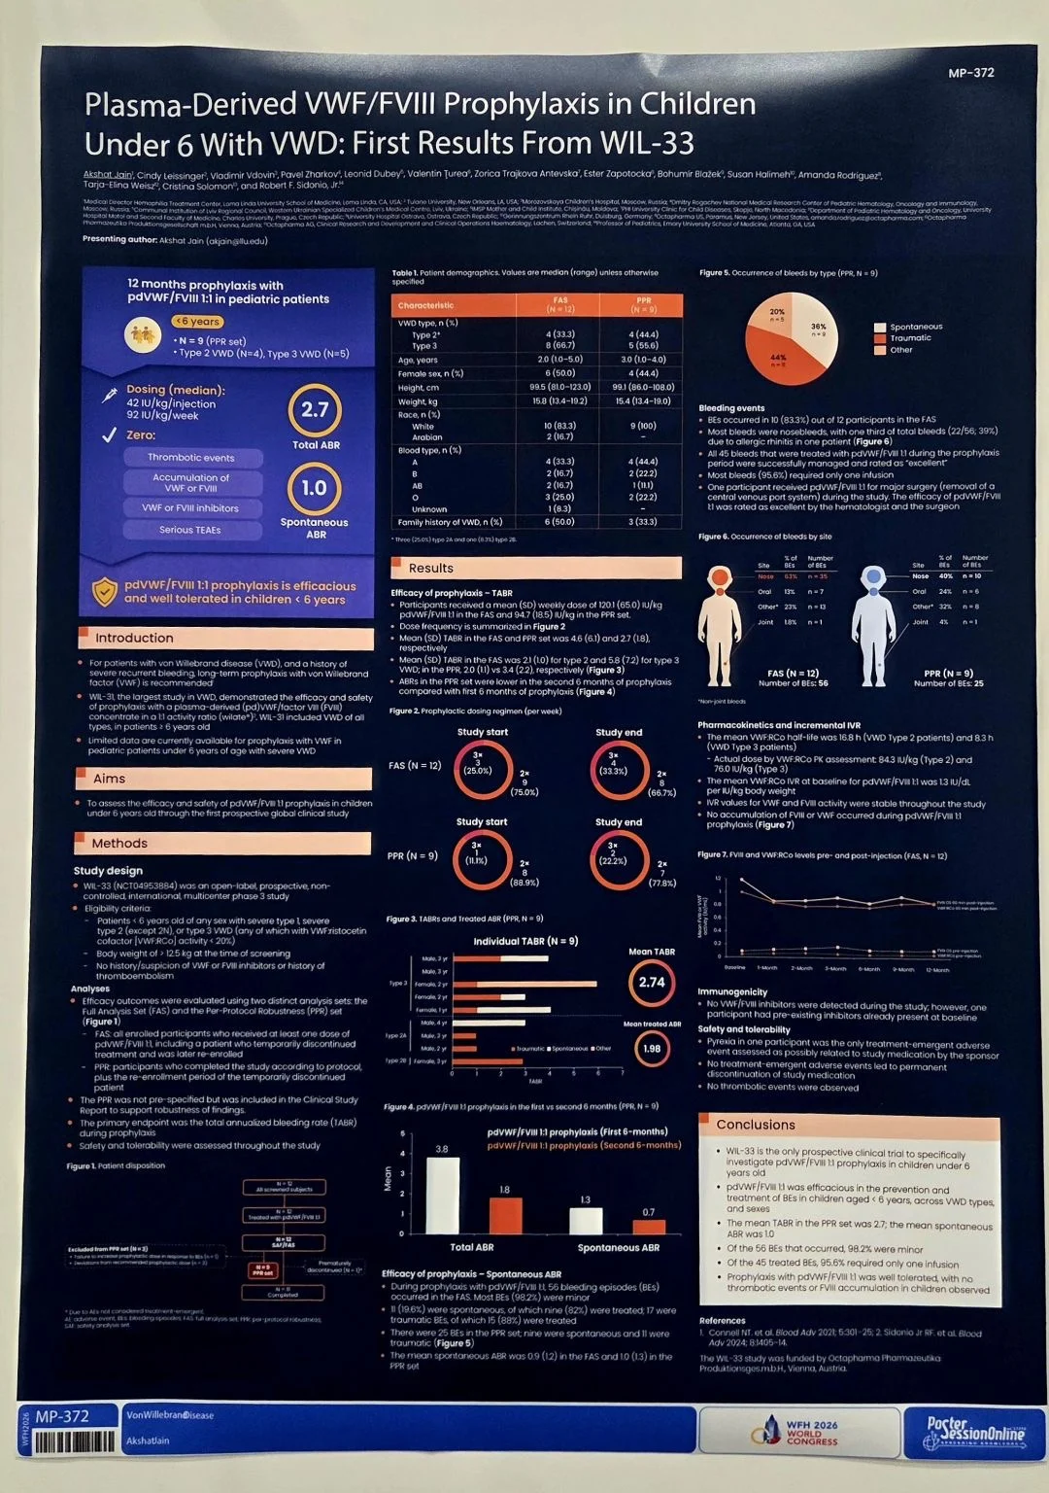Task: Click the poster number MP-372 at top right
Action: coord(970,73)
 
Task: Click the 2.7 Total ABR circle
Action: coord(315,410)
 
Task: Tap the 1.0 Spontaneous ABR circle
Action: coord(314,488)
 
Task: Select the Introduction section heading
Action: coord(134,638)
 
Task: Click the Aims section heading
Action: coord(110,779)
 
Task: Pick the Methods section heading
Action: coord(119,843)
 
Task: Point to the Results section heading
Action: coord(430,568)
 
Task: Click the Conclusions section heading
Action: coord(756,1125)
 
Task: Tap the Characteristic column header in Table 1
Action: coord(425,305)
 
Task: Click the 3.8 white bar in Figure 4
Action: coord(443,1196)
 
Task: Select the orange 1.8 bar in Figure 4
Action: coord(505,1215)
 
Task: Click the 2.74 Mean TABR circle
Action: coord(652,983)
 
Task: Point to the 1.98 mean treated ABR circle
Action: coord(652,1048)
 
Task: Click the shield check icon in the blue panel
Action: coord(104,592)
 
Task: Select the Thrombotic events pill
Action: coord(191,457)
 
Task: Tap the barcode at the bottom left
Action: coord(73,1441)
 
